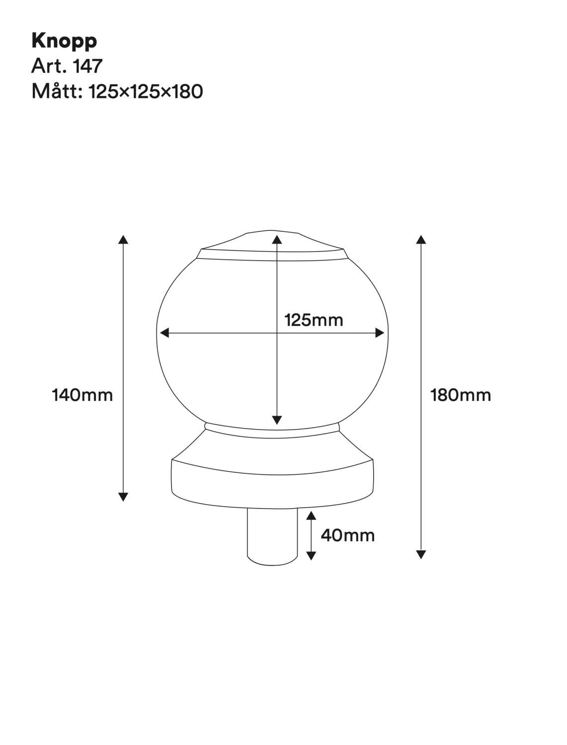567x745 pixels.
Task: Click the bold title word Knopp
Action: pyautogui.click(x=64, y=41)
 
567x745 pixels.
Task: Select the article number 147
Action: pyautogui.click(x=87, y=66)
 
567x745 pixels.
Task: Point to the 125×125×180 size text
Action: pyautogui.click(x=146, y=91)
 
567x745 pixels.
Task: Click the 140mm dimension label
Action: pyautogui.click(x=82, y=395)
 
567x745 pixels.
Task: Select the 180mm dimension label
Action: pyautogui.click(x=460, y=395)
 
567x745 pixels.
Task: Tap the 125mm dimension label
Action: pyautogui.click(x=314, y=320)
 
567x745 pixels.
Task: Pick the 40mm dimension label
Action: pyautogui.click(x=348, y=535)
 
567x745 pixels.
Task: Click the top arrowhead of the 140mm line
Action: pyautogui.click(x=123, y=239)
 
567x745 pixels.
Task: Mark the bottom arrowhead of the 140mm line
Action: pyautogui.click(x=123, y=497)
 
